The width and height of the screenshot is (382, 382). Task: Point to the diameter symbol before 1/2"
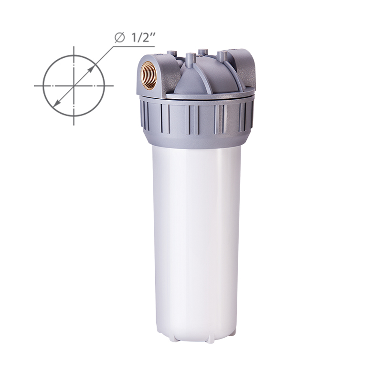[x=120, y=38]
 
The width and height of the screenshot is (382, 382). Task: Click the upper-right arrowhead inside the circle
[x=91, y=69]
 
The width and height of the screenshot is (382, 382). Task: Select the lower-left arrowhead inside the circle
[x=56, y=103]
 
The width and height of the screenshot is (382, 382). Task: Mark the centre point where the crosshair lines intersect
[x=74, y=86]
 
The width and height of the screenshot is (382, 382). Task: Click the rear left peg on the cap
[x=171, y=54]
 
